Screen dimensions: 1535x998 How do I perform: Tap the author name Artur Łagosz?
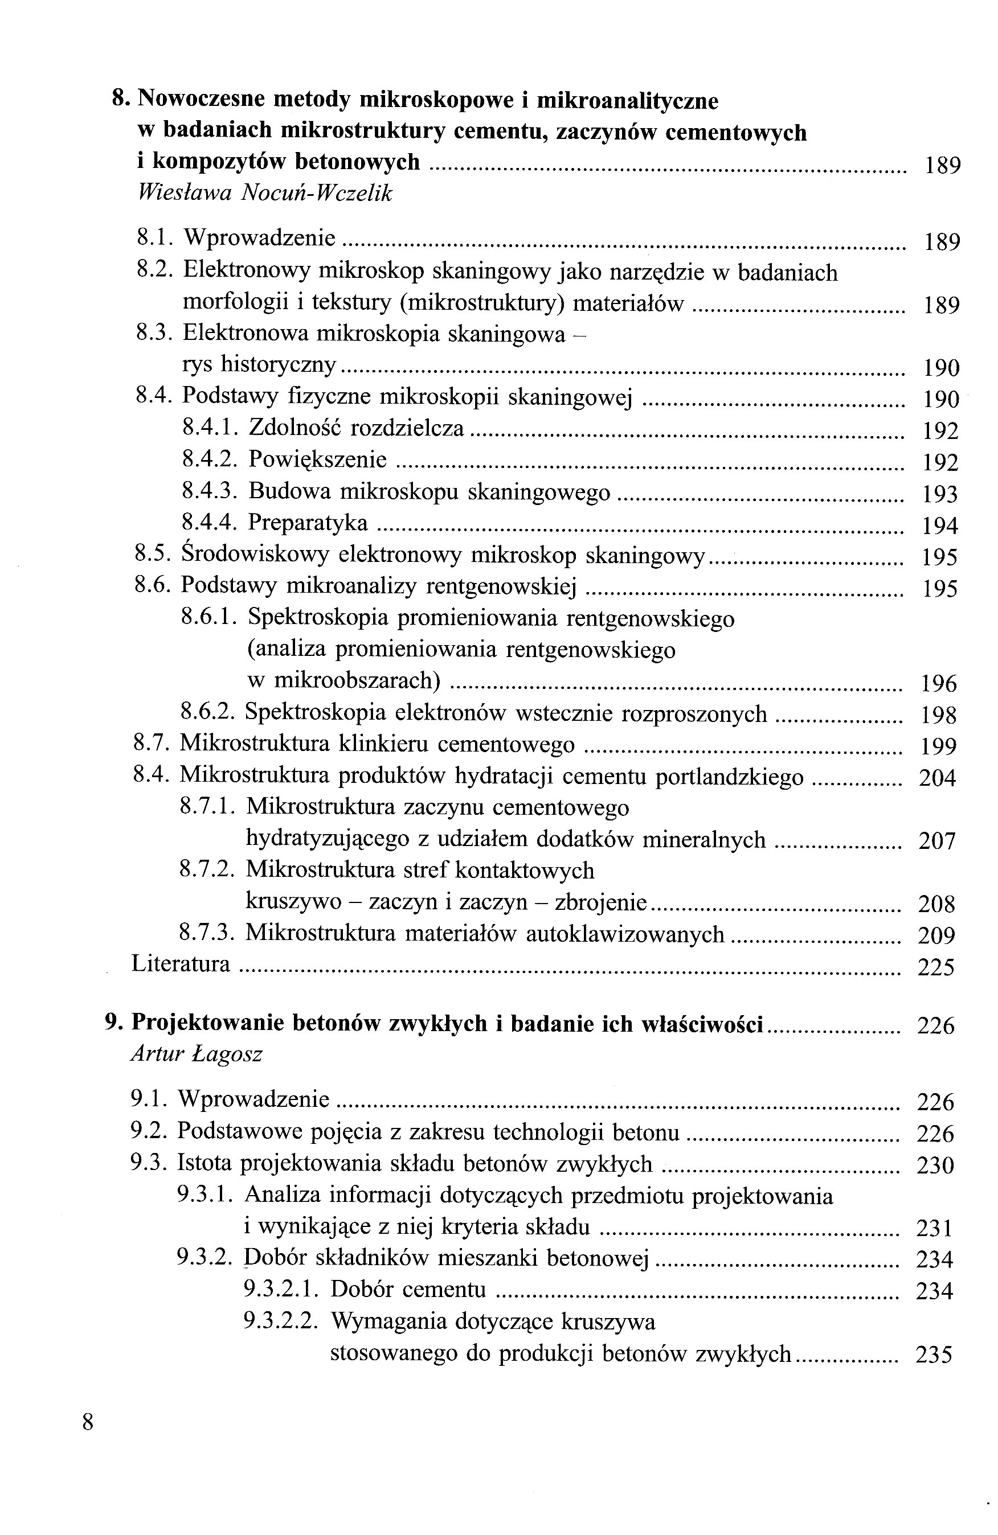coord(196,1054)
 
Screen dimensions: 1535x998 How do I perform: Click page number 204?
coord(936,778)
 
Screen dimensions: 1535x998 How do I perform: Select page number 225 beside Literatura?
coord(935,967)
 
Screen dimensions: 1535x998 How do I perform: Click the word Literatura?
coord(181,963)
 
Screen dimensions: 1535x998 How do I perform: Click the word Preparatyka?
coord(308,523)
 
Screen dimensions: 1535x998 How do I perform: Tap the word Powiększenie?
coord(317,459)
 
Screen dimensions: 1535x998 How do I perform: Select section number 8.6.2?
coord(209,713)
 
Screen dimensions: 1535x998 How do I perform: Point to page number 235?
coord(934,1355)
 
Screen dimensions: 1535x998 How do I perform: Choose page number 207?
coord(936,841)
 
